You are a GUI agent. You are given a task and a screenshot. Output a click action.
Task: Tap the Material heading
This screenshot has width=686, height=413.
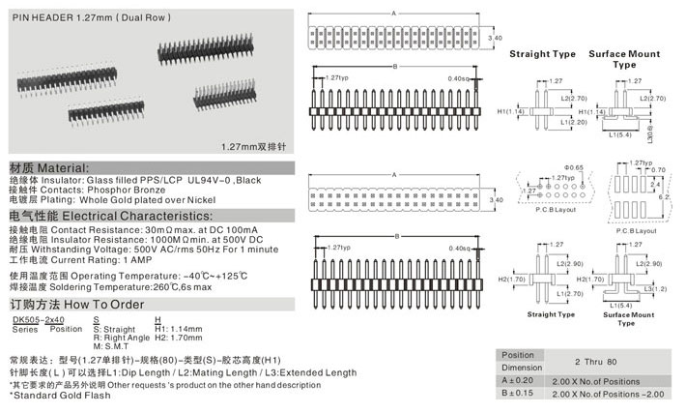[49, 166]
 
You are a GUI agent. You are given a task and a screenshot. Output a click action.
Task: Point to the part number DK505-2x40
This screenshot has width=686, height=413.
[39, 318]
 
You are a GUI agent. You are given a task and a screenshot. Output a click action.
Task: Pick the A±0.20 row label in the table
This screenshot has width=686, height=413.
[518, 381]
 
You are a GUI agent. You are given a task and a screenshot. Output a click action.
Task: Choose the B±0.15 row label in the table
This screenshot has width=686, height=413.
[518, 394]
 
